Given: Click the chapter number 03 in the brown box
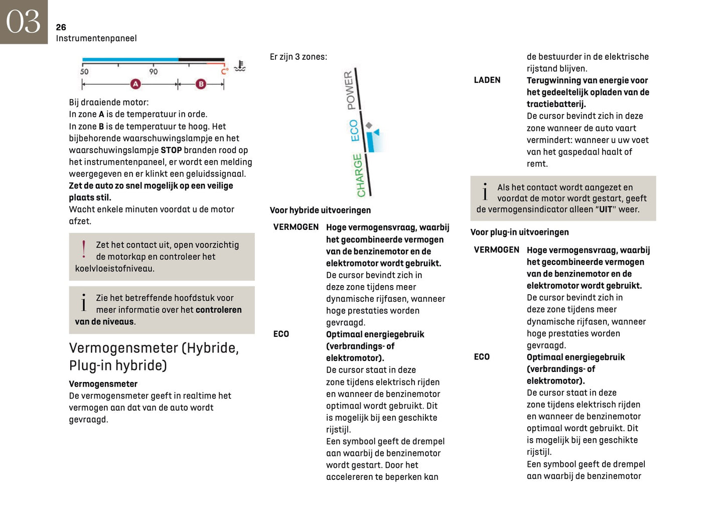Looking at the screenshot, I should (x=23, y=22).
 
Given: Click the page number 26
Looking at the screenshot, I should (x=61, y=27).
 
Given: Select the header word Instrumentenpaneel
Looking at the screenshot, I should (x=96, y=38).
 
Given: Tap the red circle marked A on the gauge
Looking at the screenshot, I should (x=135, y=84).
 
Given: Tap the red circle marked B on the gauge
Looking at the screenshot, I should (x=201, y=84).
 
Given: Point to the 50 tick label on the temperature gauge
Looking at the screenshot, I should (x=84, y=71).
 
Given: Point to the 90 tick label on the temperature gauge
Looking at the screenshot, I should (x=153, y=71).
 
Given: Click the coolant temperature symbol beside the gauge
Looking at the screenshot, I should (x=240, y=66).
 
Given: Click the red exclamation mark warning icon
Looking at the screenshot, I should (x=83, y=249).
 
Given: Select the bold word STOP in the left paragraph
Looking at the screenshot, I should (x=171, y=150).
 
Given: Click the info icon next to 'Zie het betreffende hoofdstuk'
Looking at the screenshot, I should (x=83, y=303).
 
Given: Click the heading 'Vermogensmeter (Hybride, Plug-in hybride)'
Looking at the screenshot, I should (x=154, y=356).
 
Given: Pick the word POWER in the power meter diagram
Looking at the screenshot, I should (x=350, y=90).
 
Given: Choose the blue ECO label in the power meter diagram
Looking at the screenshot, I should (x=354, y=130).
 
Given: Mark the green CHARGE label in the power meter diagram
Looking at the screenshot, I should (x=359, y=175).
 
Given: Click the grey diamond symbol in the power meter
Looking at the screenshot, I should (x=369, y=125).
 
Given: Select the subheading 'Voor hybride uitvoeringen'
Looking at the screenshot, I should (x=320, y=210).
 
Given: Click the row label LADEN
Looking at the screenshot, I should (x=487, y=80).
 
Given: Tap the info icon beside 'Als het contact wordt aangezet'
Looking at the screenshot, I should (x=485, y=192).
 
